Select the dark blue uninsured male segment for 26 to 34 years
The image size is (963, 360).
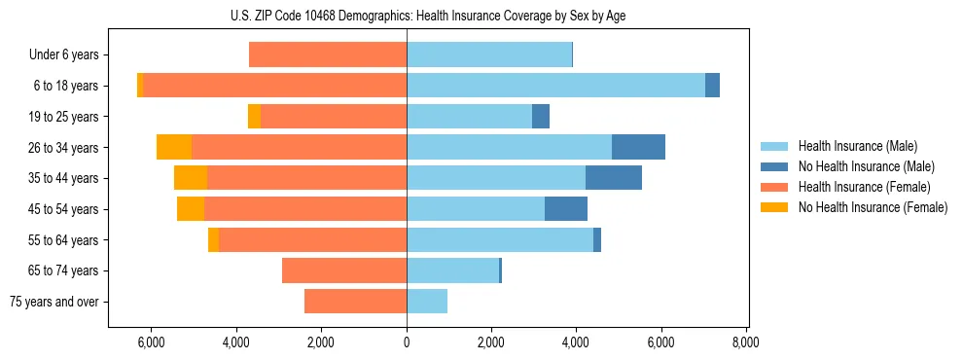[x=638, y=147]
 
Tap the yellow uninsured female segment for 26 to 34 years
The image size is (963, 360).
[x=174, y=147]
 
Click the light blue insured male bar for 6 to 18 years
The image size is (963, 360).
[x=555, y=86]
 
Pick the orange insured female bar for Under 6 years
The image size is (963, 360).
[x=328, y=54]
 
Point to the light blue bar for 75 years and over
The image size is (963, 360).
[x=427, y=302]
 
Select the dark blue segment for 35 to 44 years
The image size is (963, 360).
[x=614, y=178]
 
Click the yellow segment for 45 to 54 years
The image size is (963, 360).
[x=191, y=209]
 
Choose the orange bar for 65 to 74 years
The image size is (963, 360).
[x=344, y=270]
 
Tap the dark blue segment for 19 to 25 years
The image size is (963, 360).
[x=541, y=117]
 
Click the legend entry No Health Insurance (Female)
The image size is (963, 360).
[x=873, y=207]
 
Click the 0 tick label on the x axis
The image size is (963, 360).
[x=407, y=342]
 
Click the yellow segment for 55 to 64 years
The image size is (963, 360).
[x=213, y=240]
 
